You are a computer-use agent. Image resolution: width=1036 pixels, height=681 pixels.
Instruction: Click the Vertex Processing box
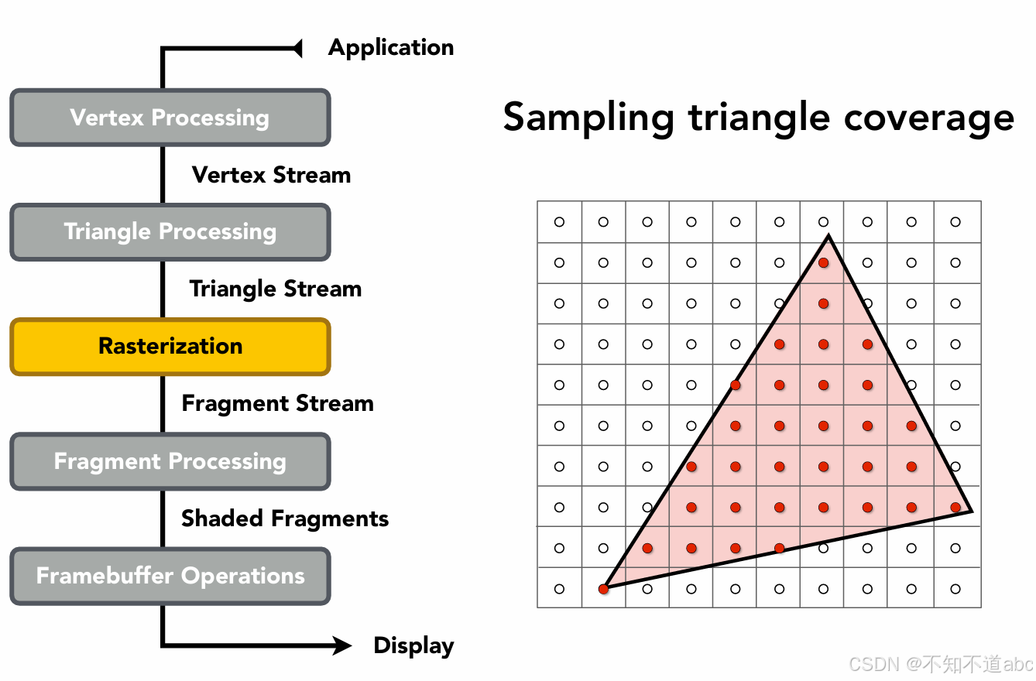click(170, 118)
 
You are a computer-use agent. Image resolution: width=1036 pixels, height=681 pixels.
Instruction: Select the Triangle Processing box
click(170, 231)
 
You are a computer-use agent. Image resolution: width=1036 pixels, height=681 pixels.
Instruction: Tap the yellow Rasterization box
click(170, 346)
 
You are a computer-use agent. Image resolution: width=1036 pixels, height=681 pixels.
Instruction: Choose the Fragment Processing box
click(170, 461)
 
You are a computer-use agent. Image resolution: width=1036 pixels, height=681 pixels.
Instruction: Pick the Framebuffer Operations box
click(170, 576)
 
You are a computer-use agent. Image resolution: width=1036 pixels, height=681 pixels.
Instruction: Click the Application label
click(391, 47)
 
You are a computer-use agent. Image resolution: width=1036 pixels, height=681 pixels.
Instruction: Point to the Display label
click(413, 645)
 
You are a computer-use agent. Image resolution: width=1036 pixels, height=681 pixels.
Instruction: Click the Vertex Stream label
click(271, 175)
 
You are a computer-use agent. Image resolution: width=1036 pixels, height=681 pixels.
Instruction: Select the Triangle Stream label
click(276, 289)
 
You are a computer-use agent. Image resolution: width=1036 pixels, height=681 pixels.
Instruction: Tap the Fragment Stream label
click(277, 403)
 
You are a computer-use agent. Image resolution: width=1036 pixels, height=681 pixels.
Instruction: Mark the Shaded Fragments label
click(285, 518)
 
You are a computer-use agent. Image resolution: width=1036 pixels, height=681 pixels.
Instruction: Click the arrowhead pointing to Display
click(342, 645)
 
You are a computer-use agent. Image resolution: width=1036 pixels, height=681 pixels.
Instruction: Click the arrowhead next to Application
click(297, 49)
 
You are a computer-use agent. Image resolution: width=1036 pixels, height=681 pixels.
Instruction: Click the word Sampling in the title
click(588, 119)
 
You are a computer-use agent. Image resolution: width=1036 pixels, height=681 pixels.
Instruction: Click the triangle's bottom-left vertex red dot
click(604, 589)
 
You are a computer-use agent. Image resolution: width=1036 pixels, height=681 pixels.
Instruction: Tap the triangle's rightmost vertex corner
click(970, 511)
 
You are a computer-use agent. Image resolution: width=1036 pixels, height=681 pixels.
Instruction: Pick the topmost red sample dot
click(823, 263)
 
